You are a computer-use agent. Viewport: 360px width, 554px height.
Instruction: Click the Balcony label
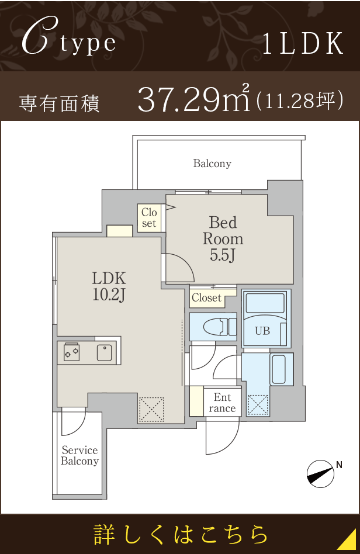[212, 164]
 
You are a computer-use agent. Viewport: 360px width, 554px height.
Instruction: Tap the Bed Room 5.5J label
[223, 239]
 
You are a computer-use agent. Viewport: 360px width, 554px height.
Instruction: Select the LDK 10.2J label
[109, 286]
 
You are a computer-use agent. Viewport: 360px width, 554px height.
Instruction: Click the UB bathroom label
[262, 331]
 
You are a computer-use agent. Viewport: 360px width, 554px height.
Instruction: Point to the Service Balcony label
[79, 455]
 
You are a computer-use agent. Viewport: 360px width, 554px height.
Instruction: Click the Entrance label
[222, 403]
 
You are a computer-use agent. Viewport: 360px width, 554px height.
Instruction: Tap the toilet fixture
[220, 327]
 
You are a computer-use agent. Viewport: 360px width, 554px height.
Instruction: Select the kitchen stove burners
[72, 352]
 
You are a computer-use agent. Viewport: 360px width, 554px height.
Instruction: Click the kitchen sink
[105, 352]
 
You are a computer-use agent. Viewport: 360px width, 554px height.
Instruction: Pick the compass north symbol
[320, 474]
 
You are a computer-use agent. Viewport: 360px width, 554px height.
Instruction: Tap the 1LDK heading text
[303, 43]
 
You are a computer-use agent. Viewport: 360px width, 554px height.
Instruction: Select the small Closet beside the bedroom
[149, 218]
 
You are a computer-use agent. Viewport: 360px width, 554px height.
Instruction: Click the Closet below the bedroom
[207, 298]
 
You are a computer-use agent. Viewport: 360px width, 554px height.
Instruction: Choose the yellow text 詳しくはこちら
[181, 535]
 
